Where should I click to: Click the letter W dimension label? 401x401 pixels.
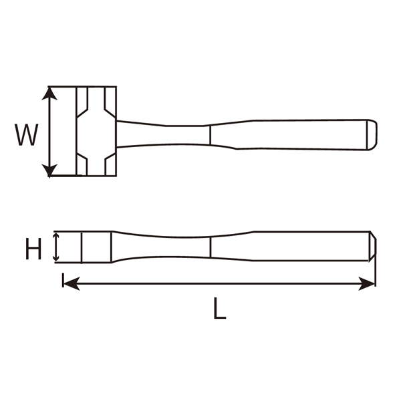(x=27, y=135)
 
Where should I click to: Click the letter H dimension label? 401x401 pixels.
(x=33, y=250)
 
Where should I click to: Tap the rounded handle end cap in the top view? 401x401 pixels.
(x=371, y=134)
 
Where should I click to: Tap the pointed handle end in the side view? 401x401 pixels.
(x=372, y=247)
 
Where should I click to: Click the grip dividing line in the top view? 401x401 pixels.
(x=211, y=134)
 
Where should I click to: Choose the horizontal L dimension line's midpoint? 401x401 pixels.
(x=218, y=284)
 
